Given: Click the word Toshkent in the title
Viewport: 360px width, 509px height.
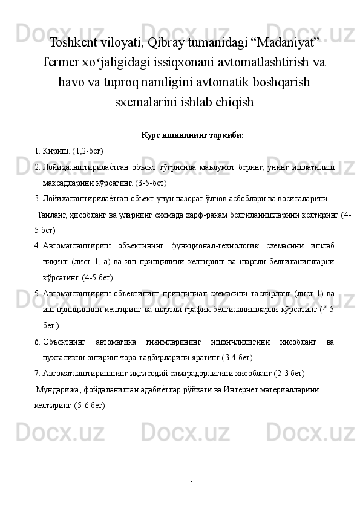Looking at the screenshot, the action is (75, 43).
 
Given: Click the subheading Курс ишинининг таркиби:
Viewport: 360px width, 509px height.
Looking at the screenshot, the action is (192, 135).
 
